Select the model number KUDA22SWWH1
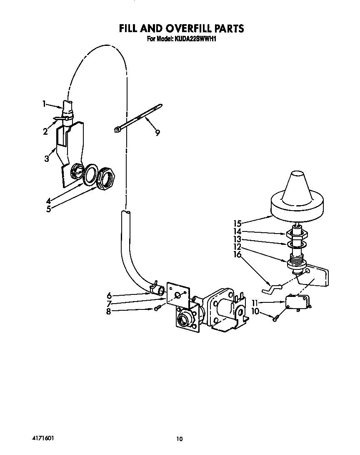click(x=195, y=39)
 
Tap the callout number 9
click(x=157, y=133)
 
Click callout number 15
click(x=237, y=224)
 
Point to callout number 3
click(x=47, y=159)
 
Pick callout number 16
click(x=237, y=254)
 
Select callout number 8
click(x=108, y=312)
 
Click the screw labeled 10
click(x=275, y=318)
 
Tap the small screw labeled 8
click(x=157, y=309)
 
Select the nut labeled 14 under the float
click(x=297, y=234)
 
